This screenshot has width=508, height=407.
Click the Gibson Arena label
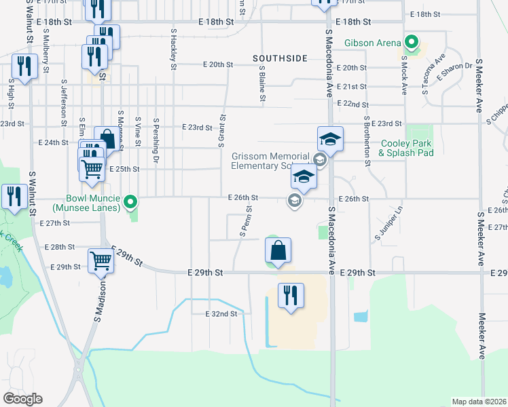[x=373, y=43]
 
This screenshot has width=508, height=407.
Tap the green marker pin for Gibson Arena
[x=410, y=43]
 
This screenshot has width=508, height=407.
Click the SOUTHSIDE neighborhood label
[x=280, y=59]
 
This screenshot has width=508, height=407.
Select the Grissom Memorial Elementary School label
[x=270, y=161]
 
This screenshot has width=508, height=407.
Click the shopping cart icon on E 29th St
[x=101, y=260]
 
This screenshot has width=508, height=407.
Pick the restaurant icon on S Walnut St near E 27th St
[x=14, y=197]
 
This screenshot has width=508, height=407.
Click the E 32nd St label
[x=222, y=314]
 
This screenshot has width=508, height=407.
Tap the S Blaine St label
[x=261, y=84]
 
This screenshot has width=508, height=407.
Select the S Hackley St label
[x=174, y=50]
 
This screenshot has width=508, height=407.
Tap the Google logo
[x=22, y=399]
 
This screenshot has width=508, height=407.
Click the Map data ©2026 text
[x=479, y=402]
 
